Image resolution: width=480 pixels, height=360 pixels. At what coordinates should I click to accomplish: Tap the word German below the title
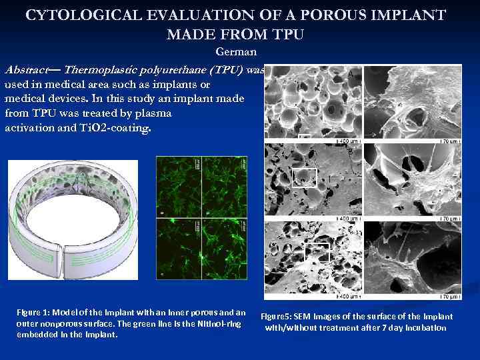coord(236,52)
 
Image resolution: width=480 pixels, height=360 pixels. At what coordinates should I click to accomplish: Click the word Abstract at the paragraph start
coord(27,70)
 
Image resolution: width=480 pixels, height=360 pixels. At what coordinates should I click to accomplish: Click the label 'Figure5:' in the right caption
coord(277,317)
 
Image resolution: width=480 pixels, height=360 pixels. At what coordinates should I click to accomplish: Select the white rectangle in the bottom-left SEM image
coord(317,251)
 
